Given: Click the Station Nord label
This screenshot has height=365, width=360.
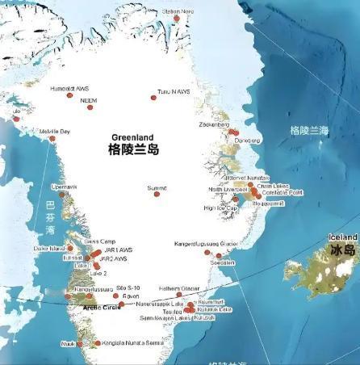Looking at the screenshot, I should pyautogui.click(x=178, y=11).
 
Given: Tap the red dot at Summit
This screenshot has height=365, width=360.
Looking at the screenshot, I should pyautogui.click(x=157, y=194).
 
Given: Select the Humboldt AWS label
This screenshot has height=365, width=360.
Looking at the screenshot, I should pyautogui.click(x=68, y=88).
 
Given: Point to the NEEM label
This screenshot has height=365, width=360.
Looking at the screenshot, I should pyautogui.click(x=88, y=101).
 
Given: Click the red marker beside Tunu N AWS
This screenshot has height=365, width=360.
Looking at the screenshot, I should pyautogui.click(x=153, y=98).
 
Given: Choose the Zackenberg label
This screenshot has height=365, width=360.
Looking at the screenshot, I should pyautogui.click(x=214, y=125).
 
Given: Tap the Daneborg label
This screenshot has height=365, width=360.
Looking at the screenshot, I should pyautogui.click(x=249, y=140).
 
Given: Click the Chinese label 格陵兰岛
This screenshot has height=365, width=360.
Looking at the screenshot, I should pyautogui.click(x=133, y=150).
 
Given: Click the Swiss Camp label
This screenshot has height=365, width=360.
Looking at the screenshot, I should pyautogui.click(x=99, y=241).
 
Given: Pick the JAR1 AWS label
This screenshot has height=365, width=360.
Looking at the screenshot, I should pyautogui.click(x=118, y=250).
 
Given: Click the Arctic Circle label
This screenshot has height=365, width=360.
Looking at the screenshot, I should pyautogui.click(x=102, y=308).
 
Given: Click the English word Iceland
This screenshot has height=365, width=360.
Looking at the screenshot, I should pyautogui.click(x=342, y=237).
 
